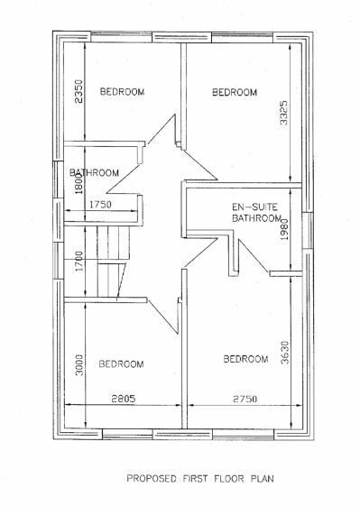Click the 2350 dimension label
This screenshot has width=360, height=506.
point(78,91)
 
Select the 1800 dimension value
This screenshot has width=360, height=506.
point(78,182)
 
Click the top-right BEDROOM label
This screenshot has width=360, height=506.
point(235,92)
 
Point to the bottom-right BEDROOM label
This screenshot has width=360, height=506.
point(245,360)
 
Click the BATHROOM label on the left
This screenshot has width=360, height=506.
point(96,172)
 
